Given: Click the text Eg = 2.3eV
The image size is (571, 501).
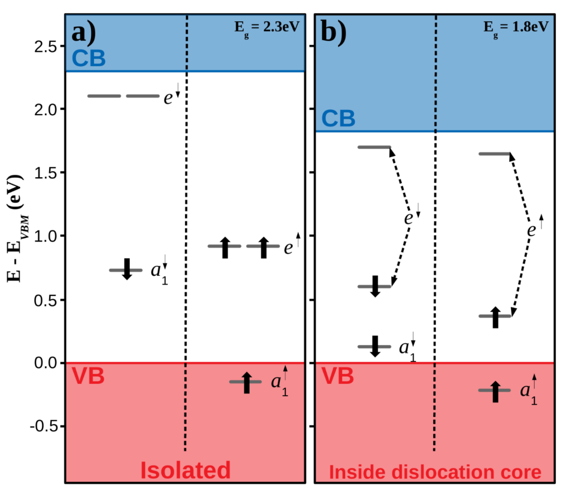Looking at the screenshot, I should tap(268, 26).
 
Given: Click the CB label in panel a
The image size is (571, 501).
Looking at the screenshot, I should tap(89, 58).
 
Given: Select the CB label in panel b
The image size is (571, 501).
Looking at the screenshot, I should tap(338, 118).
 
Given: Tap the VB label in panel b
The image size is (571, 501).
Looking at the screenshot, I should tap(338, 376).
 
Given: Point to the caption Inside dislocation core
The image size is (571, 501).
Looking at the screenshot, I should tap(435, 473).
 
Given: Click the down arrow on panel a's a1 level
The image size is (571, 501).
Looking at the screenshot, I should tap(127, 269).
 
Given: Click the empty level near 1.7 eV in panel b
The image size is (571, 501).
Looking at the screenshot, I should tap(374, 147).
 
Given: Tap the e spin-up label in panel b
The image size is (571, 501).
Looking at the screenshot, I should tap(535, 227).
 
